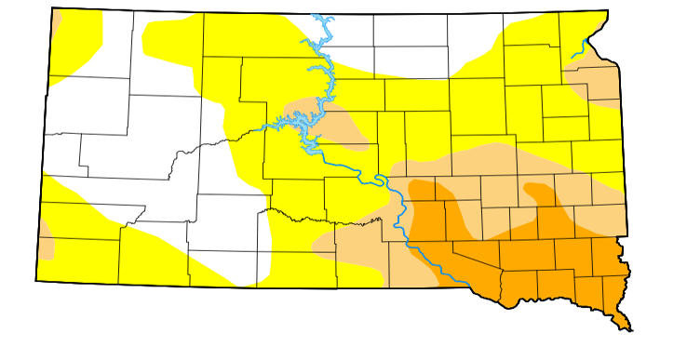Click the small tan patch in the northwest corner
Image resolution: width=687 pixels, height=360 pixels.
(56, 23)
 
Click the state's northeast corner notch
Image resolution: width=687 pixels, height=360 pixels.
(608, 12)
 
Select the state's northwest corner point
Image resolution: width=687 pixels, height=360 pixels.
(52, 8)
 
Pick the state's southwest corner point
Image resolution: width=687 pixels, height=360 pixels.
(36, 280)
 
